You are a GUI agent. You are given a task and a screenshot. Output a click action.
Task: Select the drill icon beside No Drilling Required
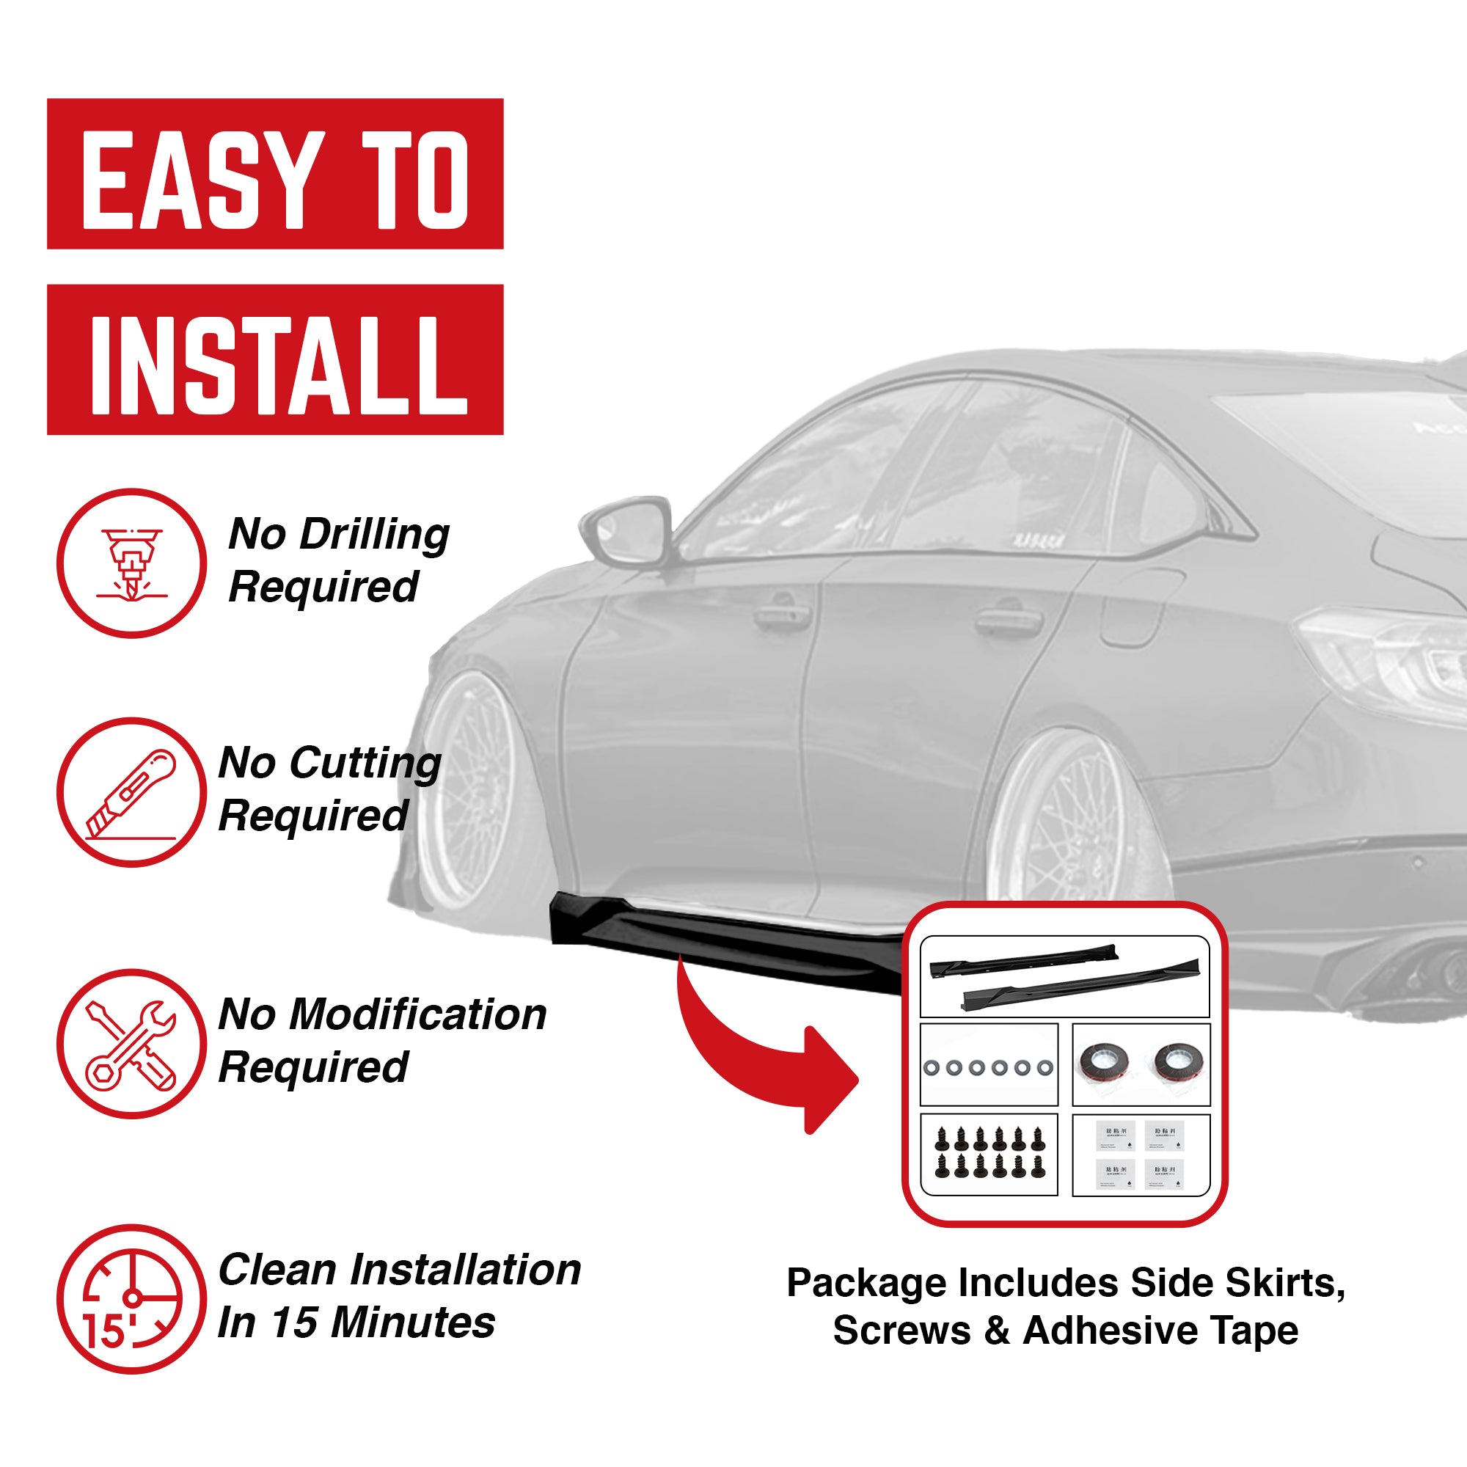pos(131,563)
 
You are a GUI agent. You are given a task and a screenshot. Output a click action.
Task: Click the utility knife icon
pos(131,793)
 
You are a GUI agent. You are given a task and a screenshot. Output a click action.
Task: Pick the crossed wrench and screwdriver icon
pos(131,1044)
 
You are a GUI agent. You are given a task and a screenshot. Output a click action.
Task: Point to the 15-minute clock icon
pos(131,1299)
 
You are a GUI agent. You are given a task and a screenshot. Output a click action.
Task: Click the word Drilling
pos(373,535)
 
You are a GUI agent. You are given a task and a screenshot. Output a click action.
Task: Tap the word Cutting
pos(365,764)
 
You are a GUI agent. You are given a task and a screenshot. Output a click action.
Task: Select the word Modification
pos(417,1015)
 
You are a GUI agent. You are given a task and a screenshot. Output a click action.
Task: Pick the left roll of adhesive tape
pos(1103,1064)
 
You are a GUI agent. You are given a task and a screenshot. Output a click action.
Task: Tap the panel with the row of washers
pos(989,1064)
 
